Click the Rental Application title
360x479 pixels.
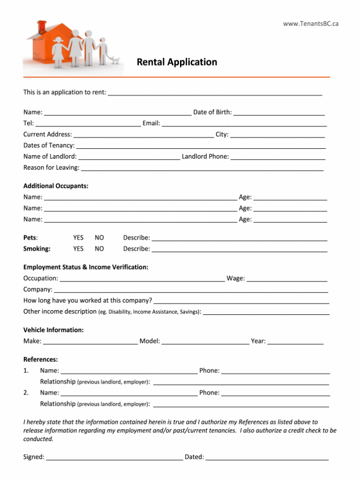[x=177, y=62]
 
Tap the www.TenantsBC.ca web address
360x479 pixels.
[x=310, y=24]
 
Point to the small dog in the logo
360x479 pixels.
[x=115, y=60]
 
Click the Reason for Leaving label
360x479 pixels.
[x=51, y=167]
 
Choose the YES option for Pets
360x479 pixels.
[x=78, y=238]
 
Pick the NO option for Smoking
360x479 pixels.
[x=99, y=249]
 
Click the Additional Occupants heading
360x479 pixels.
[x=56, y=186]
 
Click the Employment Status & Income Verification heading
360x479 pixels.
[x=86, y=267]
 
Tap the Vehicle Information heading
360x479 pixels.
[x=53, y=330]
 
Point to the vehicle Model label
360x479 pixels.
[x=150, y=341]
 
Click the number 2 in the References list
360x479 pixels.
[x=26, y=393]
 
